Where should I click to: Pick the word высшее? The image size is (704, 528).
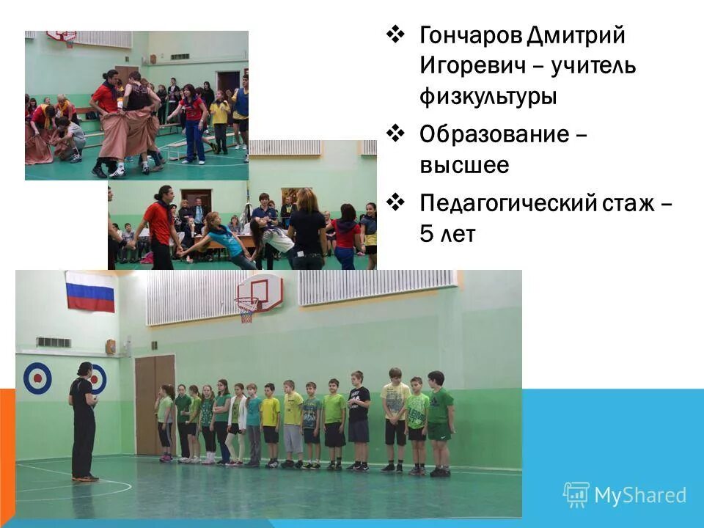pyautogui.click(x=464, y=166)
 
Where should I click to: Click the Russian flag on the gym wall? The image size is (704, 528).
pyautogui.click(x=90, y=291)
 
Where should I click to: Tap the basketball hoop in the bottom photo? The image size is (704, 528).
pyautogui.click(x=247, y=308)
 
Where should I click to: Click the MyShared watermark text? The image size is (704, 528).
pyautogui.click(x=640, y=495)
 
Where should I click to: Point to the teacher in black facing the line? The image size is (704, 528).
pyautogui.click(x=83, y=422)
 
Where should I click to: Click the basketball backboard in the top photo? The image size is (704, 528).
pyautogui.click(x=61, y=34)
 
